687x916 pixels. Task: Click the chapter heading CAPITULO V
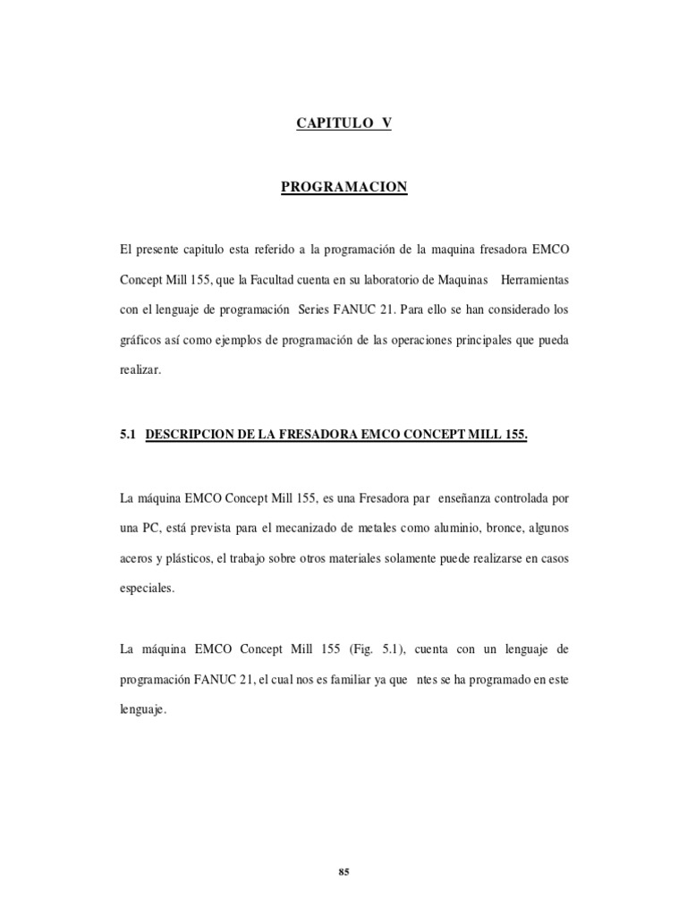[x=343, y=124]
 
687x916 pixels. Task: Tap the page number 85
[x=343, y=848]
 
